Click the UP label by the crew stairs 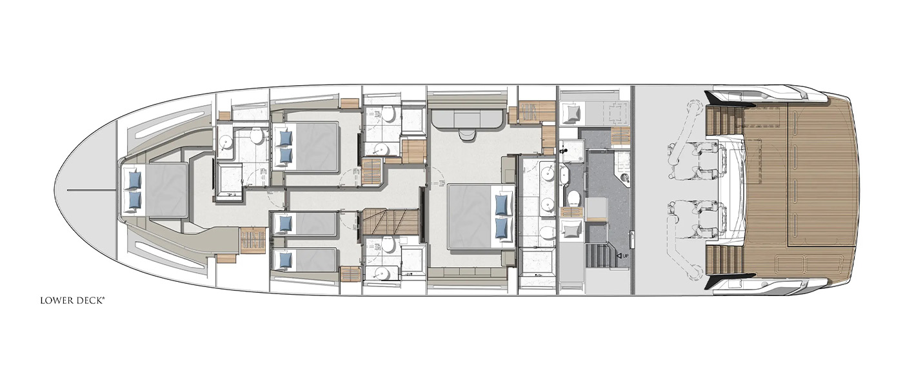(x=625, y=256)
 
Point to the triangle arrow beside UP (x=619, y=256)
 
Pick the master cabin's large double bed (x=482, y=216)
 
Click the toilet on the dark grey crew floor (x=573, y=198)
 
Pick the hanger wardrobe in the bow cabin (x=253, y=241)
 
